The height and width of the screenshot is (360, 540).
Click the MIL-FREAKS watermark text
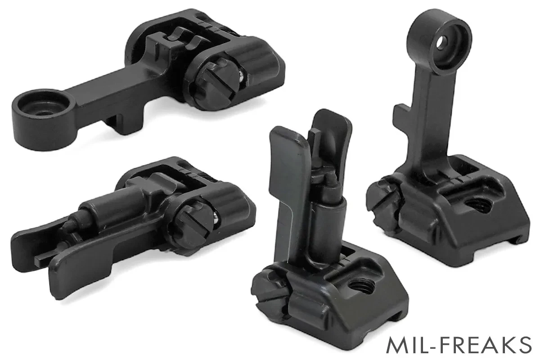click(459, 345)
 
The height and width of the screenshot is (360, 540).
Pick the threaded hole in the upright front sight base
click(359, 287)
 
